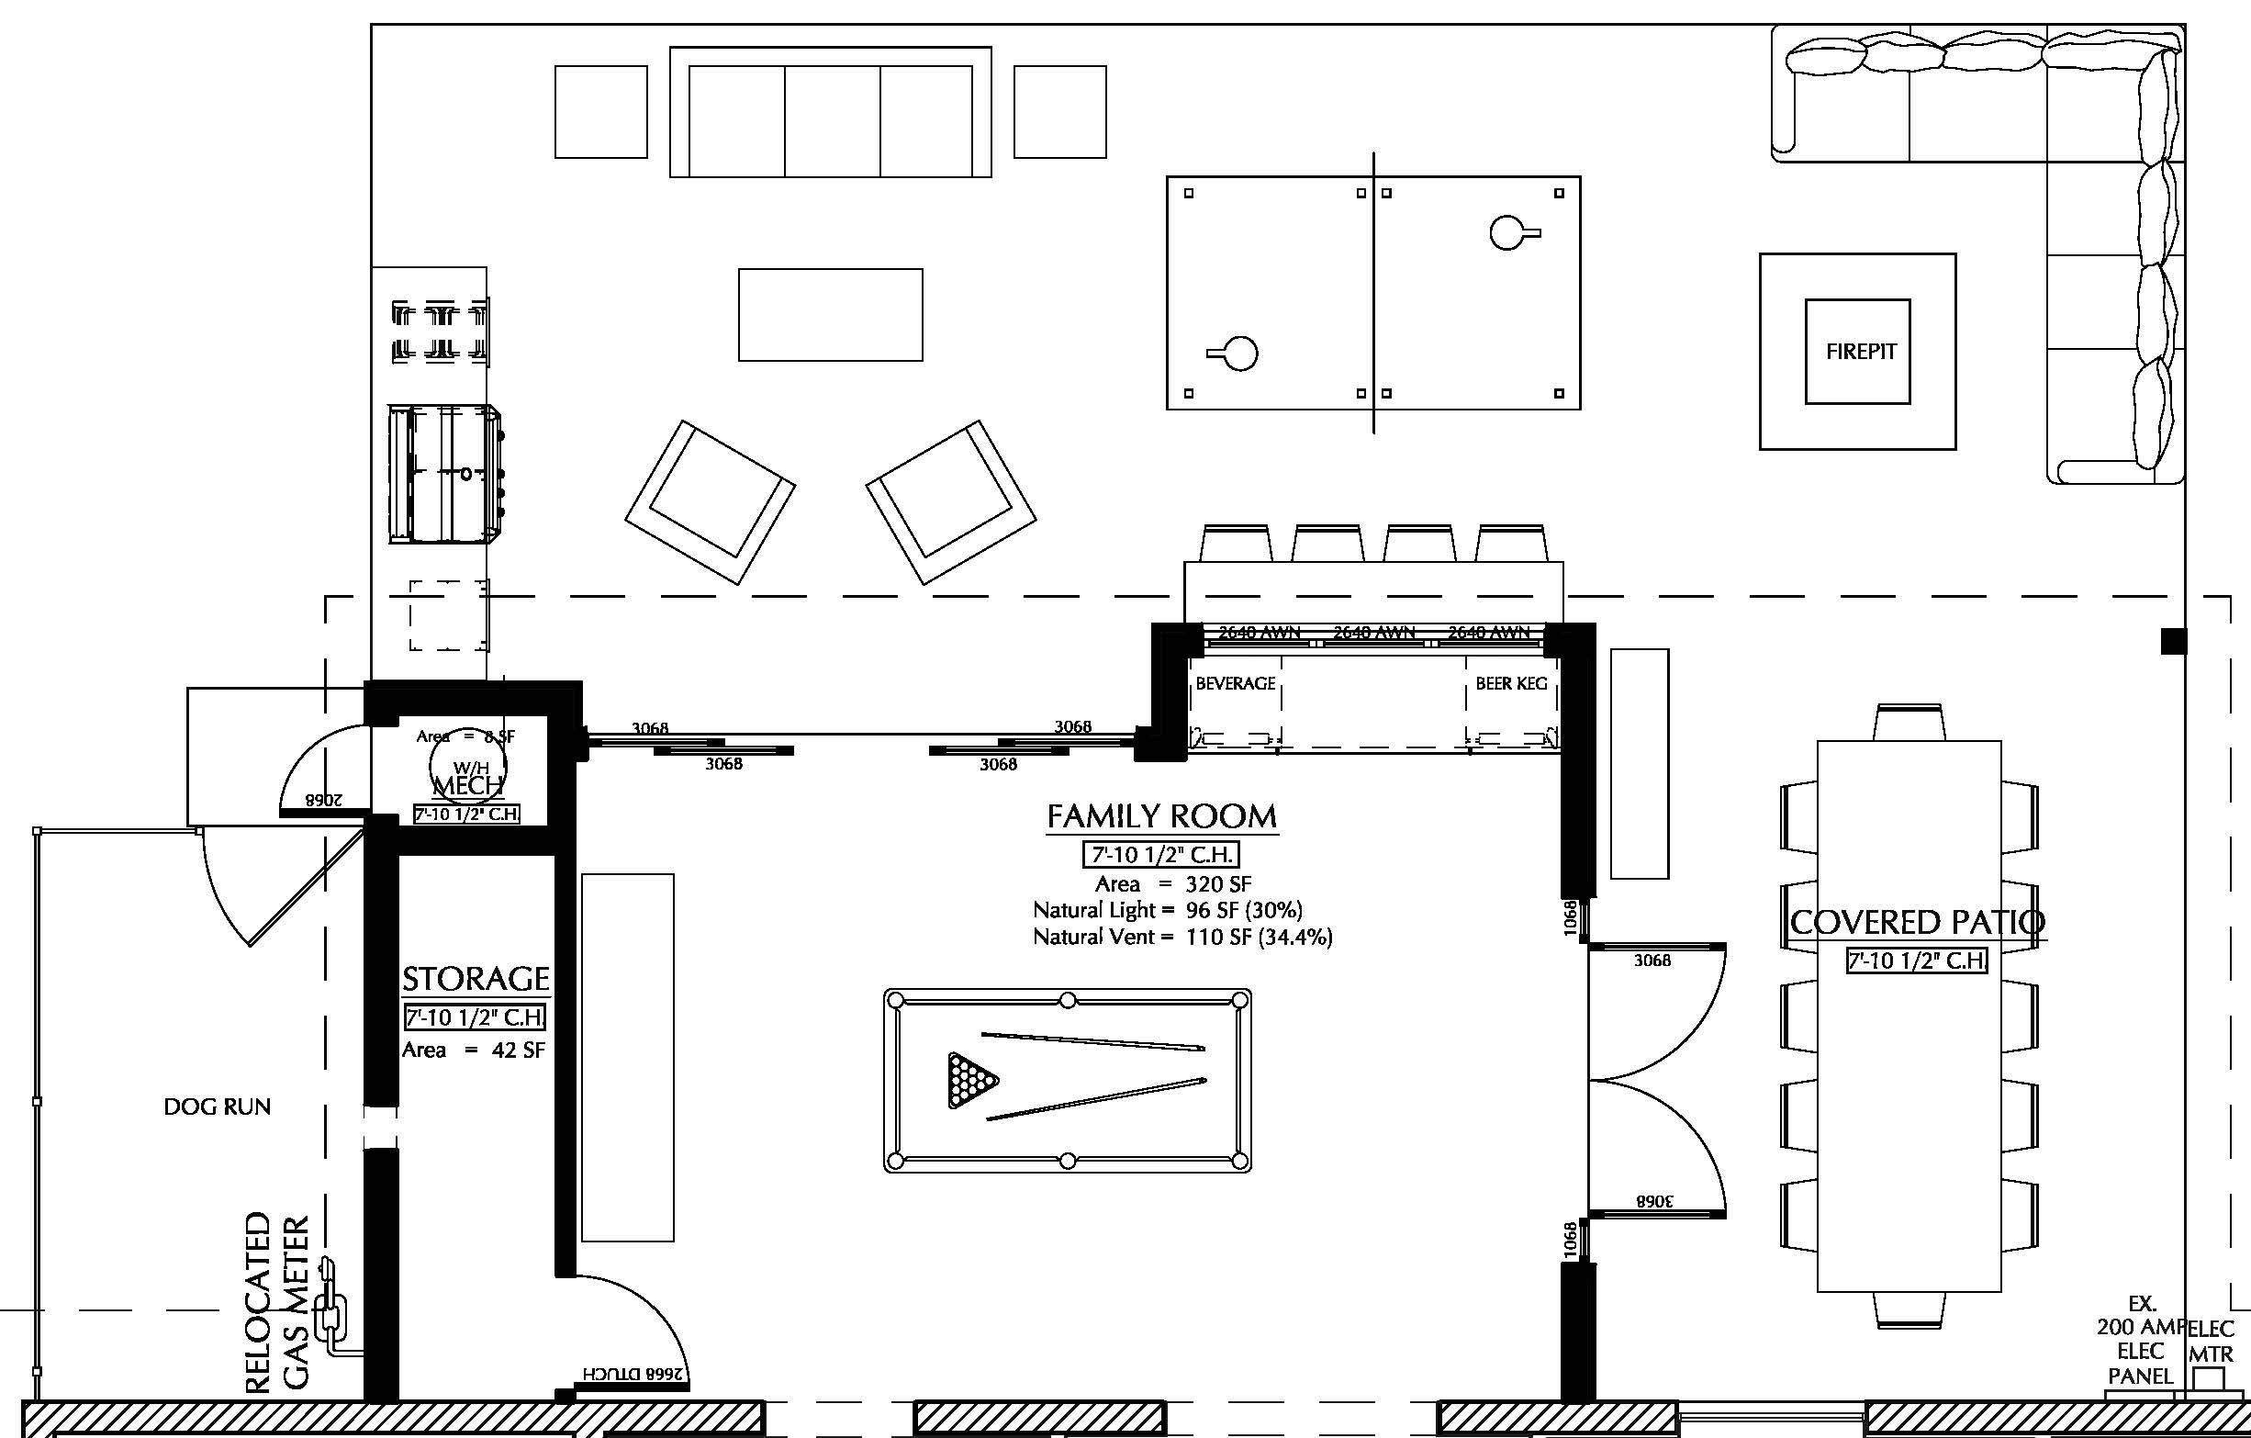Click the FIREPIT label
1860,352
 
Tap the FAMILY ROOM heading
1161,816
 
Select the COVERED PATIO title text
1916,922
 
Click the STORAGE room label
475,979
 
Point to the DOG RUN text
217,1107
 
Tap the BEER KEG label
1511,683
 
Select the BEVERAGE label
1235,683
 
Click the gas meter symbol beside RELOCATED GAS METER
330,1309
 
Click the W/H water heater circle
466,767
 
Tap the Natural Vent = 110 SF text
1181,937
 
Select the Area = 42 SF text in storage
473,1050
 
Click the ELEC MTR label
2210,1341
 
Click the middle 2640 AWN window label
1373,633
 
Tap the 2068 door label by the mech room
323,801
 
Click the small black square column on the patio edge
2173,641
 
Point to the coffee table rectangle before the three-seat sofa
830,315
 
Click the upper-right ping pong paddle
1512,233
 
